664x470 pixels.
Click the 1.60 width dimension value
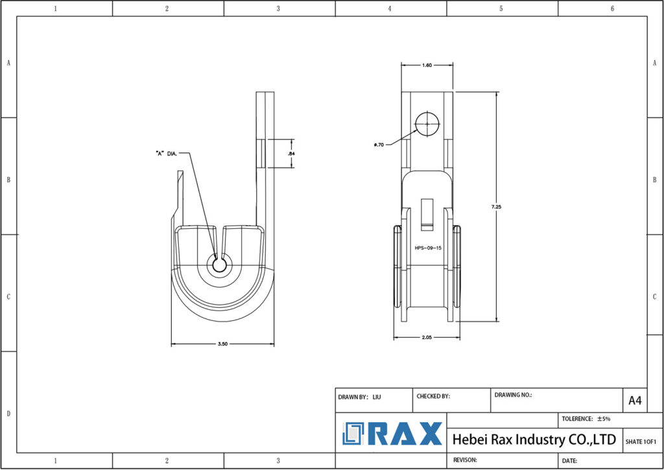coord(427,65)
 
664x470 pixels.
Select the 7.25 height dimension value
coord(497,207)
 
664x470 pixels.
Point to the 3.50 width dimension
coord(222,345)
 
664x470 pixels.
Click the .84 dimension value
coord(291,154)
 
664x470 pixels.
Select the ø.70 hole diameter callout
coord(380,145)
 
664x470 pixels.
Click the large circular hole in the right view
coord(427,123)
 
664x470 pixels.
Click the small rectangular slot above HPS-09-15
coord(427,214)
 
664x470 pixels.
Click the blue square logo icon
coord(354,434)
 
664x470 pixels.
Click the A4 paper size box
coord(635,401)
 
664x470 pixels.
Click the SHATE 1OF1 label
coord(641,441)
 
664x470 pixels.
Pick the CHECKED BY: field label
coord(433,395)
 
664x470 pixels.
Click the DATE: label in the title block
coord(570,460)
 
